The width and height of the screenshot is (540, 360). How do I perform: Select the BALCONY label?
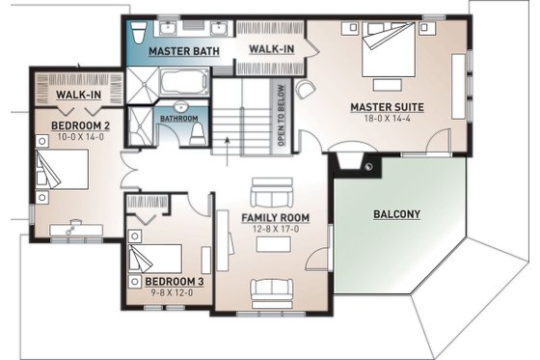(x=397, y=213)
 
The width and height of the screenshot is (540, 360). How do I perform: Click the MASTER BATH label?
(x=183, y=50)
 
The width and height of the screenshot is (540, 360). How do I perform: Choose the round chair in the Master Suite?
(x=304, y=91)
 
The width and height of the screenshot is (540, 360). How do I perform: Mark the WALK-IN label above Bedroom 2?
(x=78, y=96)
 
